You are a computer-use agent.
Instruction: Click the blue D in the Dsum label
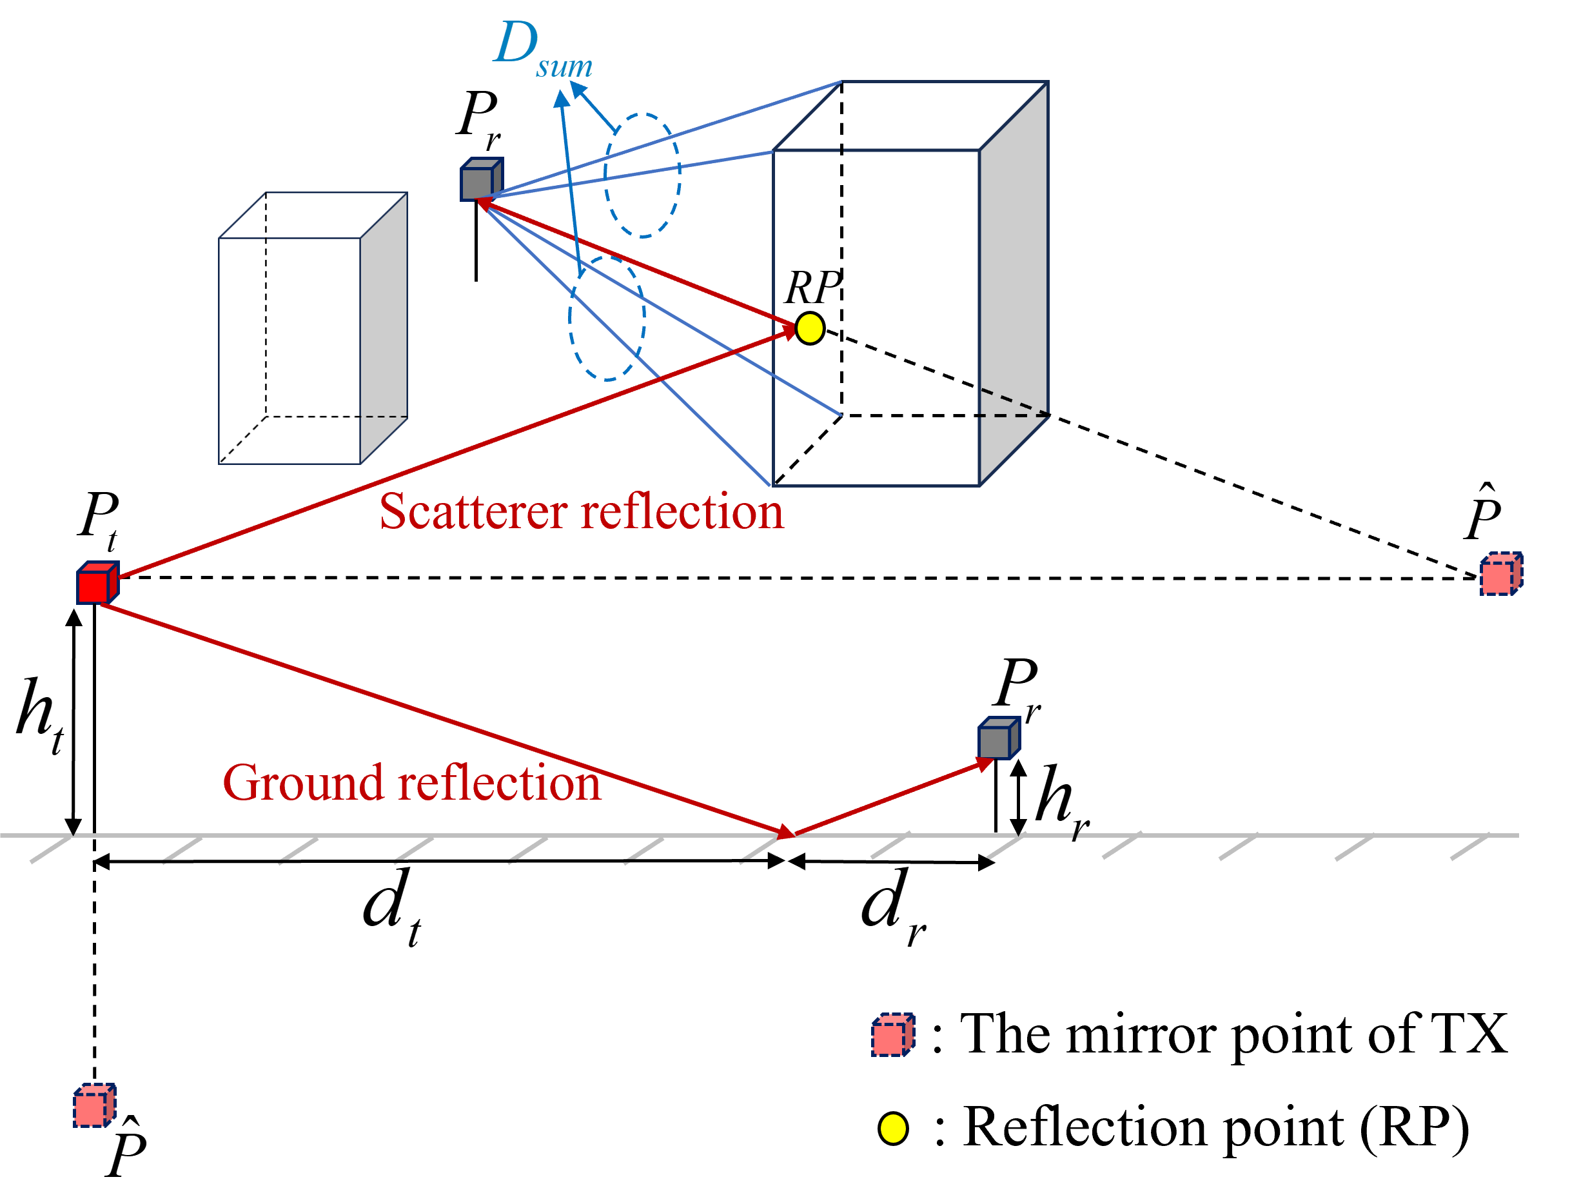click(515, 43)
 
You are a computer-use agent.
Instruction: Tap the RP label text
click(812, 288)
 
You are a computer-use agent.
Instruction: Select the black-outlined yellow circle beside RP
click(810, 329)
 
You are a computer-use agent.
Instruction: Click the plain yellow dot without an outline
click(893, 1129)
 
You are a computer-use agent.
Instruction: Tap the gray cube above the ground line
click(997, 738)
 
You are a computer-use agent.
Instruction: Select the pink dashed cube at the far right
click(1500, 574)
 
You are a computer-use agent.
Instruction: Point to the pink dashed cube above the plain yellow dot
click(892, 1035)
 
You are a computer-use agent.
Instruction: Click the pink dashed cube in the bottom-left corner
click(93, 1105)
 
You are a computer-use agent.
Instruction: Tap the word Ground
click(304, 784)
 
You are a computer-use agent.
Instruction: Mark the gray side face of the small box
click(384, 329)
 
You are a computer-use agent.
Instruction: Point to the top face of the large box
click(910, 117)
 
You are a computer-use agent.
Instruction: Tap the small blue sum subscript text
click(564, 67)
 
